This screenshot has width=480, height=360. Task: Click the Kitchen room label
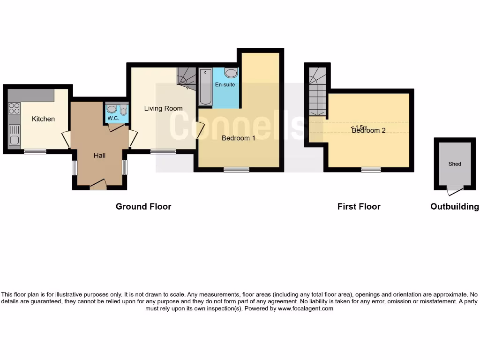coord(43,119)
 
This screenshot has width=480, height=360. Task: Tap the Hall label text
coord(99,155)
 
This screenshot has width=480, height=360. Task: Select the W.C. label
coord(113,118)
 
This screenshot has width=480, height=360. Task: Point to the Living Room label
coord(163,109)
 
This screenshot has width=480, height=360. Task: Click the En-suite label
coord(225,85)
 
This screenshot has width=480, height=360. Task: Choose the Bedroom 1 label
coord(239,138)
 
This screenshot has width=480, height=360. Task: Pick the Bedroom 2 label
coord(369,130)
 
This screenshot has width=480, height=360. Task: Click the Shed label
coord(455,164)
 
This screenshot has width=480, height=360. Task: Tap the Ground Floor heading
coord(143,206)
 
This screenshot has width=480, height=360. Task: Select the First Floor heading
coord(359,206)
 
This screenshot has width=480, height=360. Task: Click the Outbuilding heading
coord(455,206)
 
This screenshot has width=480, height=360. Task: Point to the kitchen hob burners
coord(14,108)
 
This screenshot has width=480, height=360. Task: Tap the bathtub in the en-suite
coord(205,87)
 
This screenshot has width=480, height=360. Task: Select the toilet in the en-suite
coord(231,73)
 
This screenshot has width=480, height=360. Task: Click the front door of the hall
coord(98,185)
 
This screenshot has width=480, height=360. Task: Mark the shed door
coord(454,191)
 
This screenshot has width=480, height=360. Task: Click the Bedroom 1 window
coord(236,170)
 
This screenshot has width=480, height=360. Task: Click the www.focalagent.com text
coord(306,309)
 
